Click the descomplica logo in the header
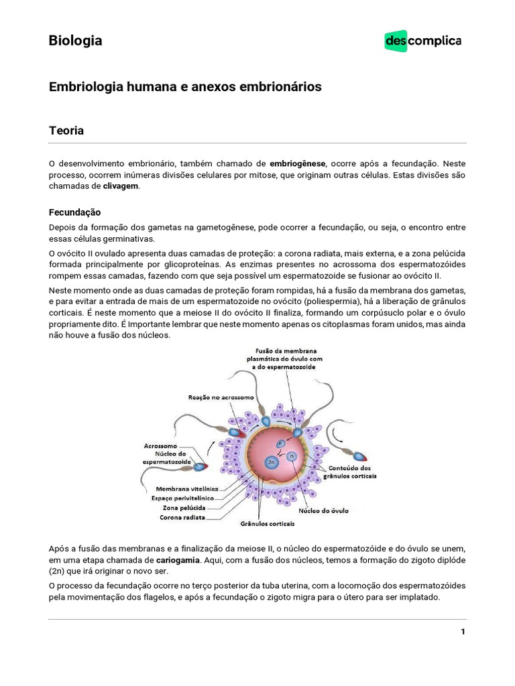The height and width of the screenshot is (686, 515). tap(423, 41)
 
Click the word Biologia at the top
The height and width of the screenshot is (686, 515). tap(75, 41)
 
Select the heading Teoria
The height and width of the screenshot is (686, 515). tap(66, 131)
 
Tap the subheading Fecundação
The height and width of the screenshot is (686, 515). tap(74, 212)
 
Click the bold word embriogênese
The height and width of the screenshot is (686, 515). tap(298, 163)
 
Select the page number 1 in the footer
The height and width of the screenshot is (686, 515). tap(463, 632)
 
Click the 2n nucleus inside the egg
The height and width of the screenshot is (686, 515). tap(271, 462)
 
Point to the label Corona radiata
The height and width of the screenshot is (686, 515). tap(183, 517)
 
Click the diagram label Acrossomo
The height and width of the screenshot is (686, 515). tap(160, 445)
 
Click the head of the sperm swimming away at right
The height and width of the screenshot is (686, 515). tap(359, 459)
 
